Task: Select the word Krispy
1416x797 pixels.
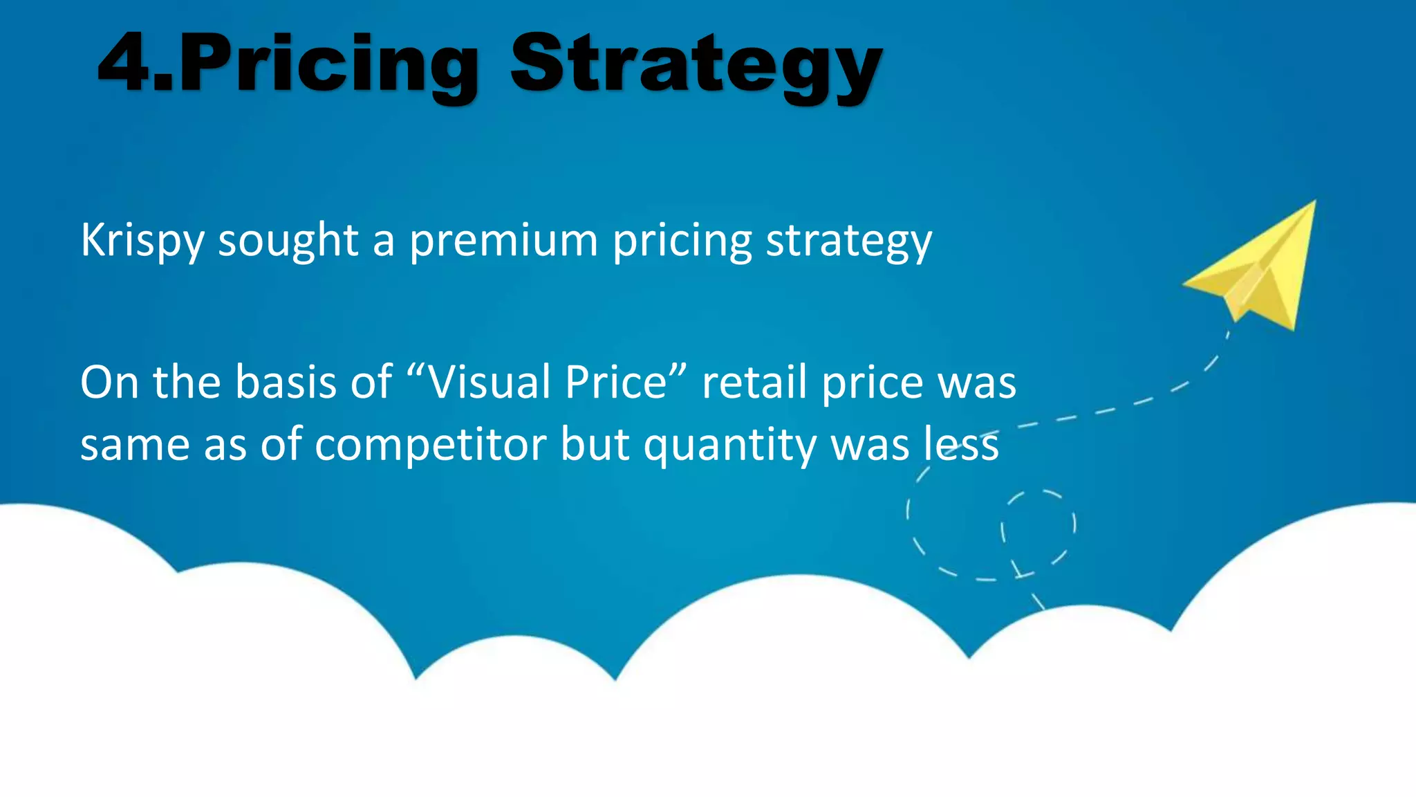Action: click(x=142, y=241)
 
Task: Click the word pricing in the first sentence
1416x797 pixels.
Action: click(x=682, y=241)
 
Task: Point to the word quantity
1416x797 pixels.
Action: click(x=730, y=445)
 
